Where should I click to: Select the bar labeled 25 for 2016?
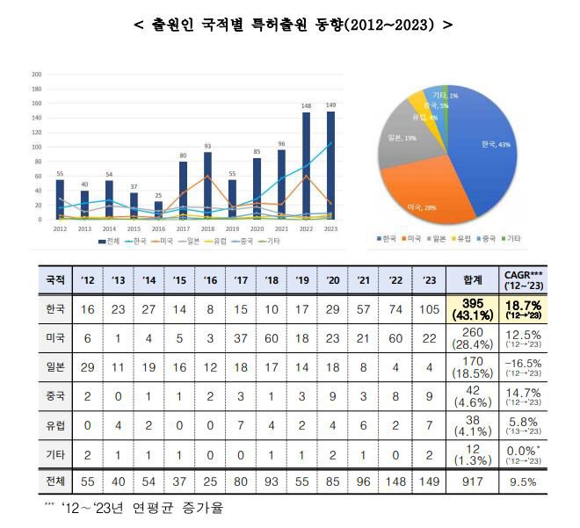coord(158,211)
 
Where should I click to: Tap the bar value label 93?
coord(207,146)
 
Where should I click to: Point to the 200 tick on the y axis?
coord(36,75)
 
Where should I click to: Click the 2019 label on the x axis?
coord(232,228)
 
